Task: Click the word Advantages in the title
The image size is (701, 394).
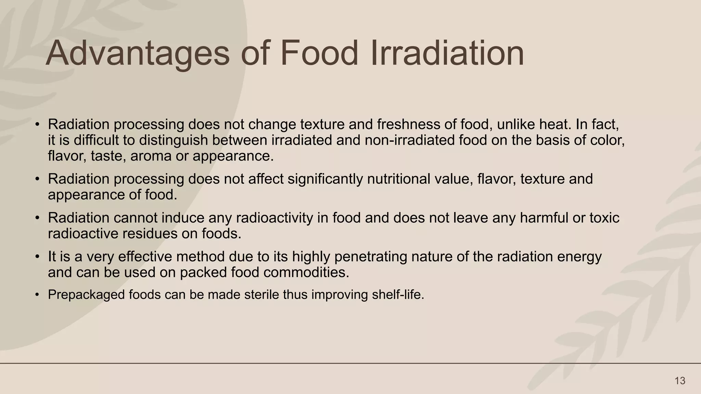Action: click(137, 54)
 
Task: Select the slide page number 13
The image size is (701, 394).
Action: click(680, 381)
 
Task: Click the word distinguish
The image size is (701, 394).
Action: click(174, 140)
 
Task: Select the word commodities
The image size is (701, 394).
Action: click(306, 273)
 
